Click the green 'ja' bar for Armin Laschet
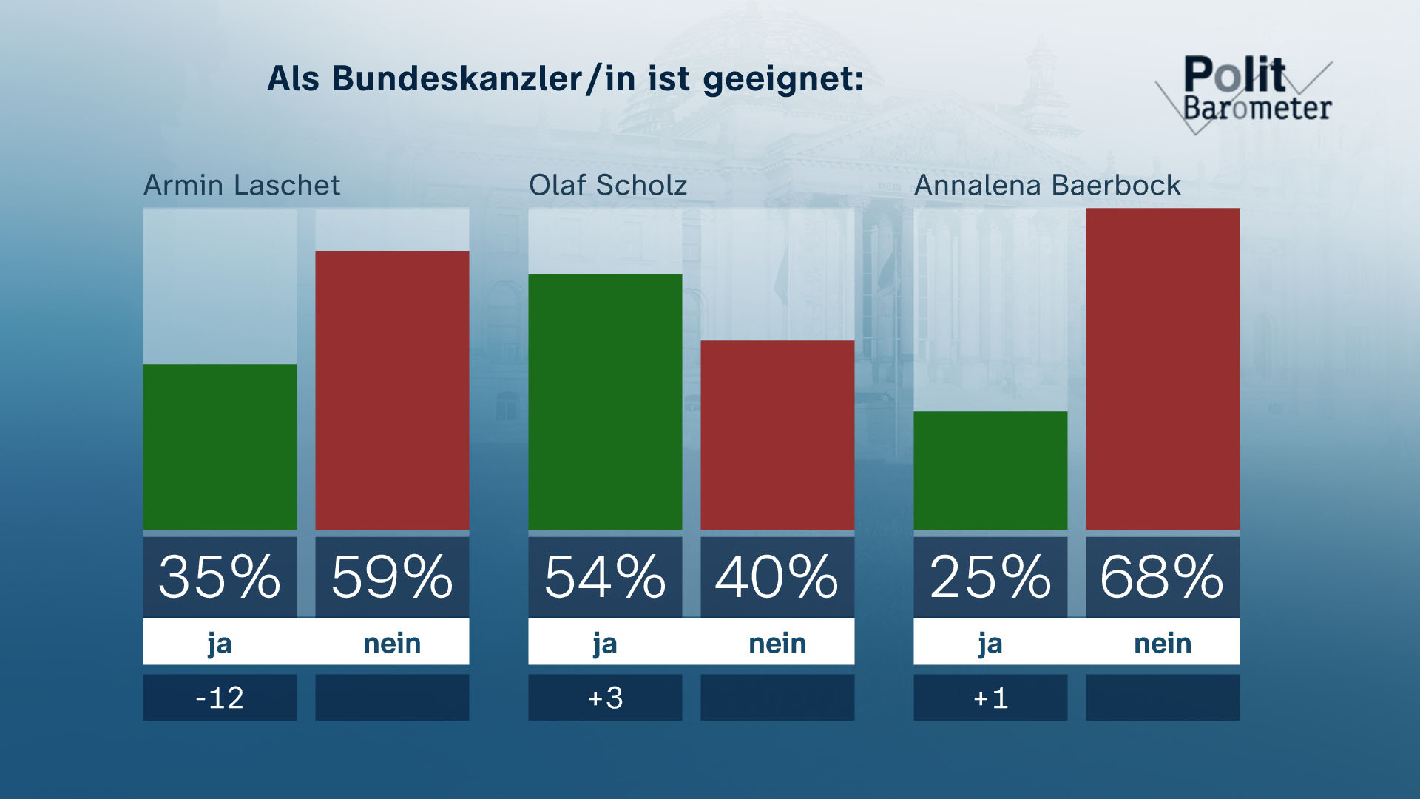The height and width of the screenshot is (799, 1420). click(220, 447)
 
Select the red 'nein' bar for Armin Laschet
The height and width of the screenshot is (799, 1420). click(392, 390)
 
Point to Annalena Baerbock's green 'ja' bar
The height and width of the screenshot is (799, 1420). click(990, 471)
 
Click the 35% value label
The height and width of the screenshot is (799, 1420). click(220, 577)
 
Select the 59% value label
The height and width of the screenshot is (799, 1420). click(392, 577)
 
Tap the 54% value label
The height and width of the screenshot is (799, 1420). click(605, 577)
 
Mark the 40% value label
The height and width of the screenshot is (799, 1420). click(777, 577)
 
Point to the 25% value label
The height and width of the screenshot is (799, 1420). click(990, 577)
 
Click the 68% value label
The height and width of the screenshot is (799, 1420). click(1163, 577)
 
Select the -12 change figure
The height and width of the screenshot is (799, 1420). click(220, 698)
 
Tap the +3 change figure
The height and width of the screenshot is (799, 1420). click(605, 698)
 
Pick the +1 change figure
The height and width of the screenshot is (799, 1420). click(990, 698)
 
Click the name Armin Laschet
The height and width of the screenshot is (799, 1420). click(242, 185)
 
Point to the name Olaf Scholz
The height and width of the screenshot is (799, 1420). click(608, 185)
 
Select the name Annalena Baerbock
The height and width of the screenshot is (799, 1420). click(1047, 185)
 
